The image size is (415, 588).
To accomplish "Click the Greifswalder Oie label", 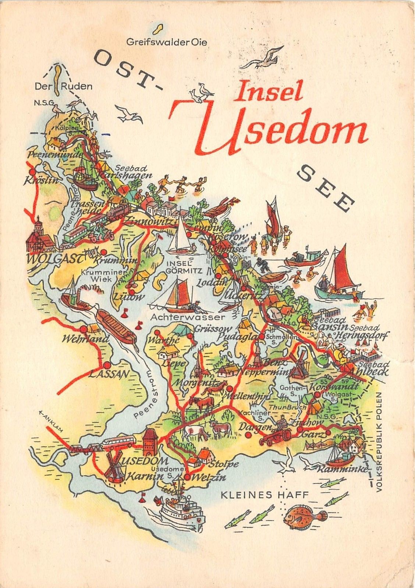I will pos(167,42).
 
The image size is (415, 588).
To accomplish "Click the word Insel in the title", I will pos(269,91).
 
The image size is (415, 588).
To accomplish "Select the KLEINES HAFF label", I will pos(264,495).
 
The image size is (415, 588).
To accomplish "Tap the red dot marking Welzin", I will pos(187,477).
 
